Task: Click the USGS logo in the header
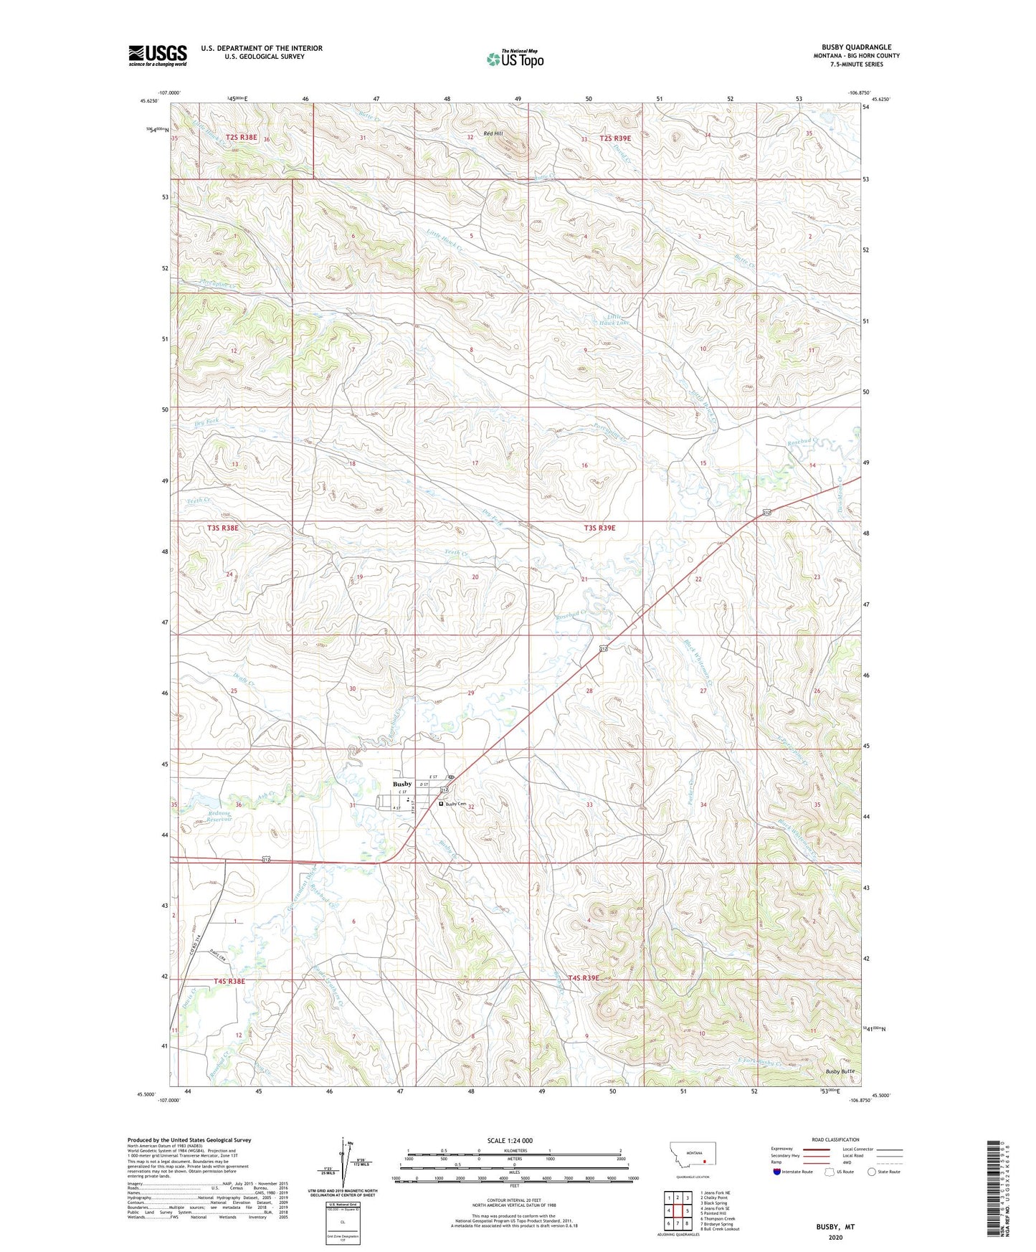pyautogui.click(x=158, y=55)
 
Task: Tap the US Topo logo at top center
pyautogui.click(x=515, y=59)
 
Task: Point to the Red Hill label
pyautogui.click(x=493, y=133)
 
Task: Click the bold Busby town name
pyautogui.click(x=402, y=784)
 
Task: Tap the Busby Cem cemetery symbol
pyautogui.click(x=441, y=805)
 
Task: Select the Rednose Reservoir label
pyautogui.click(x=218, y=817)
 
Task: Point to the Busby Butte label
pyautogui.click(x=840, y=1071)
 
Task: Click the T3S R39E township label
pyautogui.click(x=599, y=528)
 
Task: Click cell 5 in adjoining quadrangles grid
pyautogui.click(x=687, y=1211)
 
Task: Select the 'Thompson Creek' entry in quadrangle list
pyautogui.click(x=719, y=1218)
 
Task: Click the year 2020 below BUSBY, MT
pyautogui.click(x=835, y=1237)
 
